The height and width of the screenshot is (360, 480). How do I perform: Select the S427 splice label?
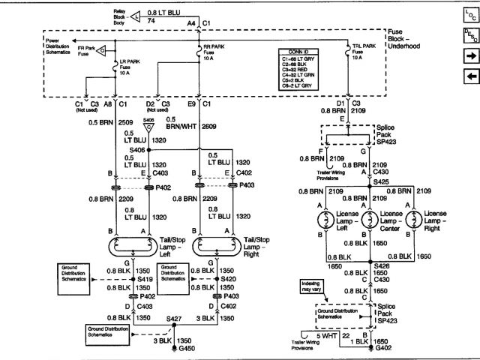(175, 320)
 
